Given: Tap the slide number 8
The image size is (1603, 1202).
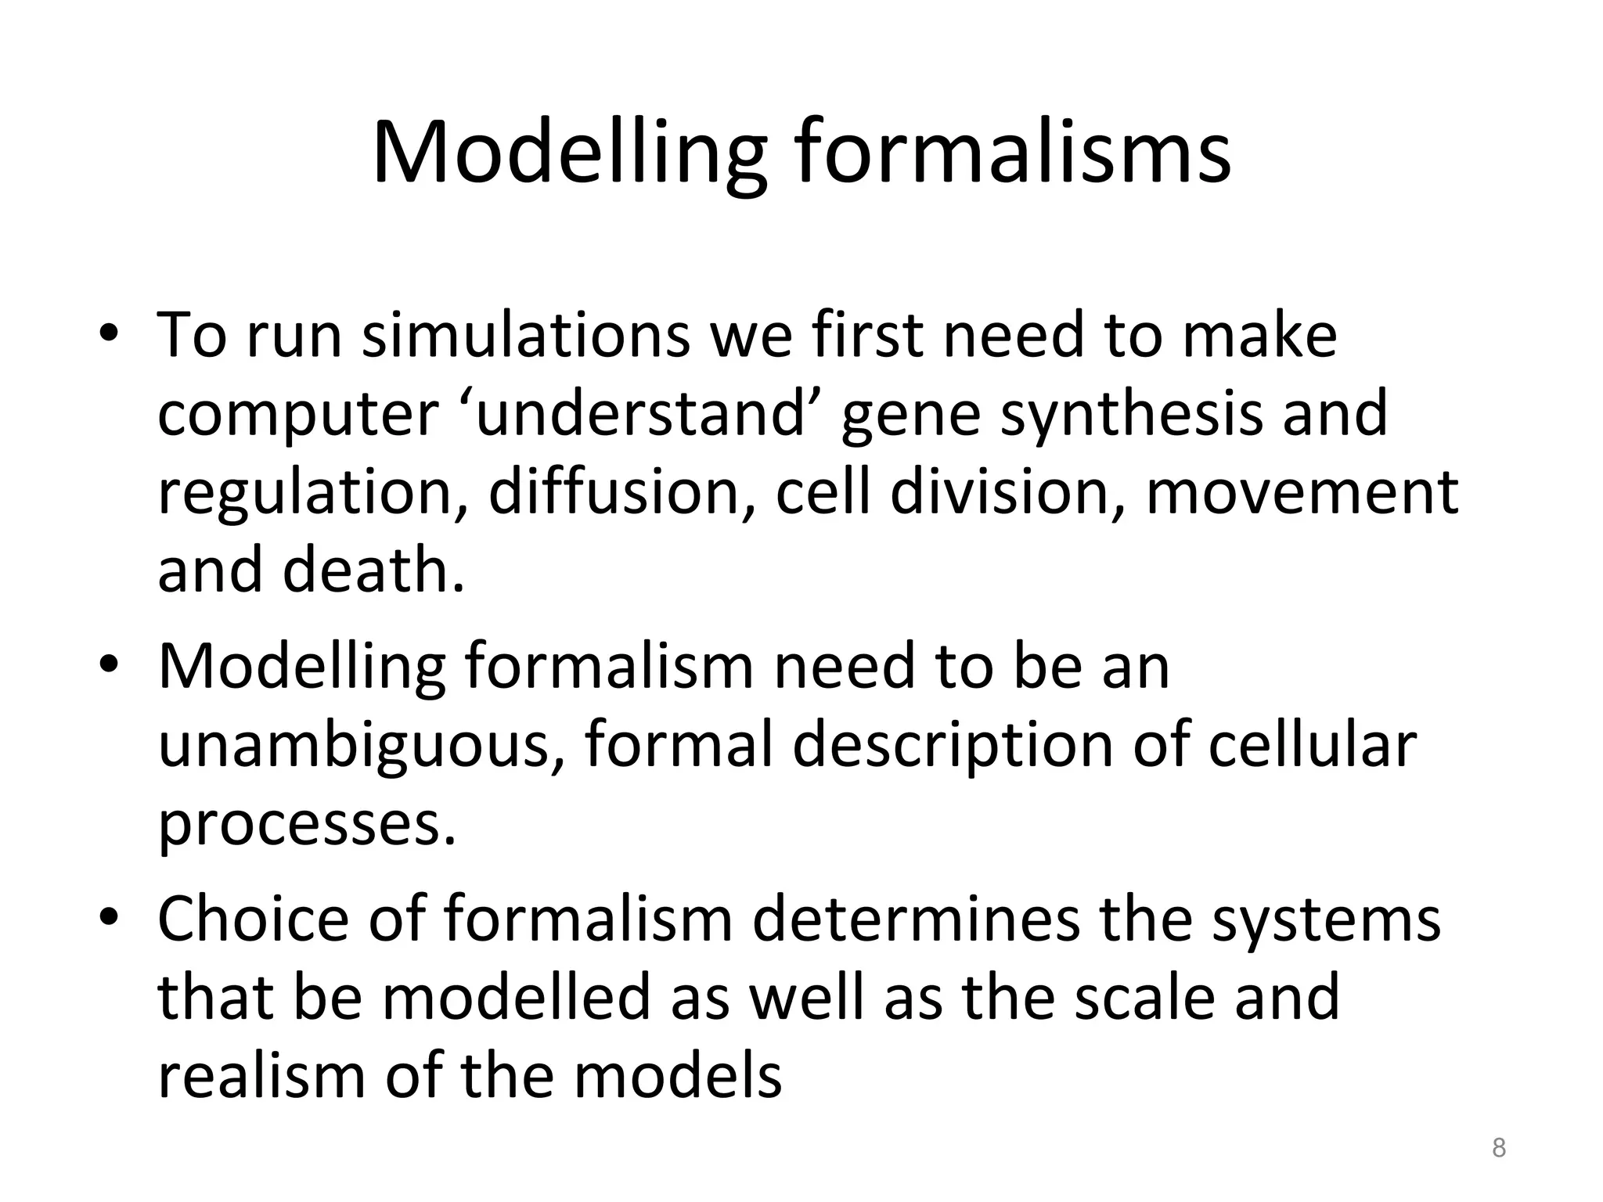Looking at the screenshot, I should tap(1498, 1148).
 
